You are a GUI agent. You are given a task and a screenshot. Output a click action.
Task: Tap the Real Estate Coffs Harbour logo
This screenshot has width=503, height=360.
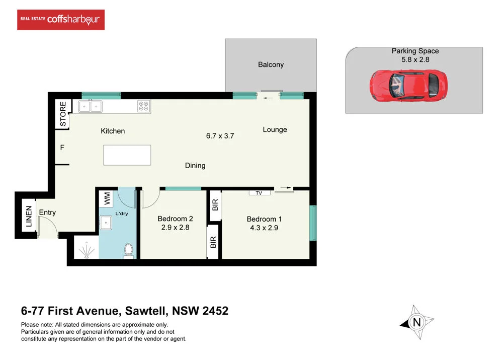pos(61,20)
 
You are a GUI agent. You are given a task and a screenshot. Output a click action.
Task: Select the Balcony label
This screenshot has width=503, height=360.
pos(271,64)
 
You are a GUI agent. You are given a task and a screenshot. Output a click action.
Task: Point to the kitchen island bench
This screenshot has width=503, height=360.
pos(127,155)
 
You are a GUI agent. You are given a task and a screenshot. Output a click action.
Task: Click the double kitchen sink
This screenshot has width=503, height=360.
pos(90,106)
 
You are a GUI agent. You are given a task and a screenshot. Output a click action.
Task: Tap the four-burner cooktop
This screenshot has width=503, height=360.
pos(143,106)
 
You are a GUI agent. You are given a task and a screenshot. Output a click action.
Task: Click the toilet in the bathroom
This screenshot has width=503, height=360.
pos(128,250)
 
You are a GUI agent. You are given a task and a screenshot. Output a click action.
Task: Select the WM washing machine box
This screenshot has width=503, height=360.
pos(107,198)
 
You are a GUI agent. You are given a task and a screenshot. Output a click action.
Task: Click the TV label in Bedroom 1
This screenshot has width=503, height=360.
pos(260,192)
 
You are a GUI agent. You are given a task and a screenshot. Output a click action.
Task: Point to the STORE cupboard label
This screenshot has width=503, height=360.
pos(63,114)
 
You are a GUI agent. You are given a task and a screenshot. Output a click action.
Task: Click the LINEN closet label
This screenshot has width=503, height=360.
pos(29,217)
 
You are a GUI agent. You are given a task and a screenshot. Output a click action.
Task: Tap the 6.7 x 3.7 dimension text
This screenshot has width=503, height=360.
pos(220,135)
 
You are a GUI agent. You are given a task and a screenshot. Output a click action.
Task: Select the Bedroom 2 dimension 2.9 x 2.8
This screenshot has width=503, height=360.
pos(175,227)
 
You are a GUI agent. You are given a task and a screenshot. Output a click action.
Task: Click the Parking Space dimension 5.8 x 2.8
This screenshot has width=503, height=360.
pos(415,59)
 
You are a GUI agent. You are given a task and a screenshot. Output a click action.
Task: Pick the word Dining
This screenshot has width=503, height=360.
pos(195,165)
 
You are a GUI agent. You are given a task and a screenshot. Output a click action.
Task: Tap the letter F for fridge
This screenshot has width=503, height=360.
pos(62,148)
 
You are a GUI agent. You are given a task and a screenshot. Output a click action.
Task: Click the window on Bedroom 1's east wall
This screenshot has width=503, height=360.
pos(313,223)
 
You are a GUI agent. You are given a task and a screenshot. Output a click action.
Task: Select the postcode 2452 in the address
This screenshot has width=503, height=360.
pos(215,311)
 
